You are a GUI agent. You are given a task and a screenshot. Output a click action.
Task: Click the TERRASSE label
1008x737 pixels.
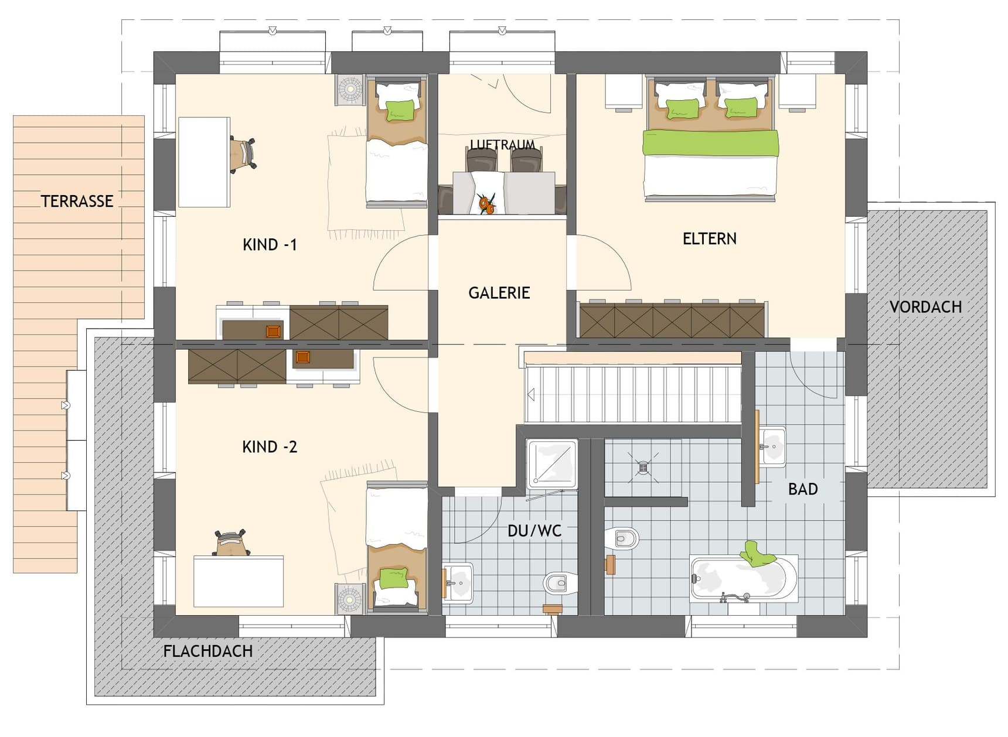pos(77,201)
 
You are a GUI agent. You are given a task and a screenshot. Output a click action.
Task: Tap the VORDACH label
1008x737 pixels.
pos(925,306)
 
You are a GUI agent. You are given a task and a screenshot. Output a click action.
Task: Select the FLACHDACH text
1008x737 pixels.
pos(207,651)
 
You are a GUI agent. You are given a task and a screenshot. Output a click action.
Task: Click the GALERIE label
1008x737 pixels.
pos(499,292)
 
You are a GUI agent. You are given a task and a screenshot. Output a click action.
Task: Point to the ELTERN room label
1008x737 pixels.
pos(709,238)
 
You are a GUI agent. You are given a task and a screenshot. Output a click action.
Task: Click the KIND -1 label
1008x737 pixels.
pos(270,244)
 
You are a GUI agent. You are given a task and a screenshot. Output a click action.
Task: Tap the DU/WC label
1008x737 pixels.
pos(534,531)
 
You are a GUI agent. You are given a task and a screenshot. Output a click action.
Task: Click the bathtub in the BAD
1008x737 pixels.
pos(744,578)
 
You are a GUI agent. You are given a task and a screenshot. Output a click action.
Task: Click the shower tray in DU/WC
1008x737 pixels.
pos(551,463)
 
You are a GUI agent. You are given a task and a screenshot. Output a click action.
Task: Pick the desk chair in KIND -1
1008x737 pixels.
pos(243,155)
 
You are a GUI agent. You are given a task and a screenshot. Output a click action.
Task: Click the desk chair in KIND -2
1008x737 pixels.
pos(231,542)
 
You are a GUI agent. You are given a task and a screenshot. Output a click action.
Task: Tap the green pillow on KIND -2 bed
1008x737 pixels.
pos(393,578)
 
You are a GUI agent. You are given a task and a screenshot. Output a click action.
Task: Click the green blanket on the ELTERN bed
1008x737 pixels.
pos(710,143)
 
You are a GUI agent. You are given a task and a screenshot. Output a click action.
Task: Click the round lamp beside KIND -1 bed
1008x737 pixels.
pos(350,90)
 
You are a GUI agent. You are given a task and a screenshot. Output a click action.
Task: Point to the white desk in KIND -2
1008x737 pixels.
pos(239,581)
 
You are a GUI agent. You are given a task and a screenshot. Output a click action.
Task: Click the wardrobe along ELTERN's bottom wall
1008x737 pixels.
pos(672,320)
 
